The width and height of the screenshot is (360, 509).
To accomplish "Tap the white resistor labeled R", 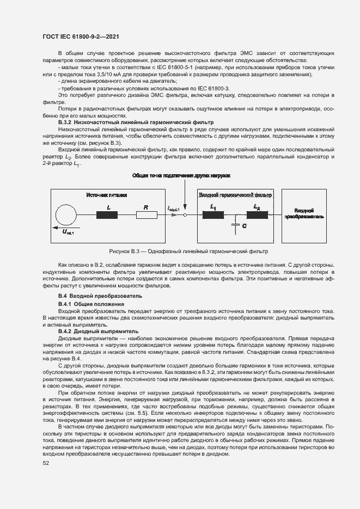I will coord(147,215).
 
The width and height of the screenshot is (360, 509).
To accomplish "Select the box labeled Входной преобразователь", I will coord(304,212).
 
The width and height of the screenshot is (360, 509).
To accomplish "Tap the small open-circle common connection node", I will coord(185,215).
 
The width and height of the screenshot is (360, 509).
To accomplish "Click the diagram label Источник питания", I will coord(107,194).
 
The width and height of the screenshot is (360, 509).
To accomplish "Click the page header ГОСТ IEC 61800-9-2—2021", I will coord(81,36).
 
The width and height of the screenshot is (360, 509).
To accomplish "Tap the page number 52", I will coord(46,463).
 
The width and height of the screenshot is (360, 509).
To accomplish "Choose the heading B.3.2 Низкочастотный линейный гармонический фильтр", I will coord(136,124).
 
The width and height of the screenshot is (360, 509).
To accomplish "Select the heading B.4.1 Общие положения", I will coord(91,303).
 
